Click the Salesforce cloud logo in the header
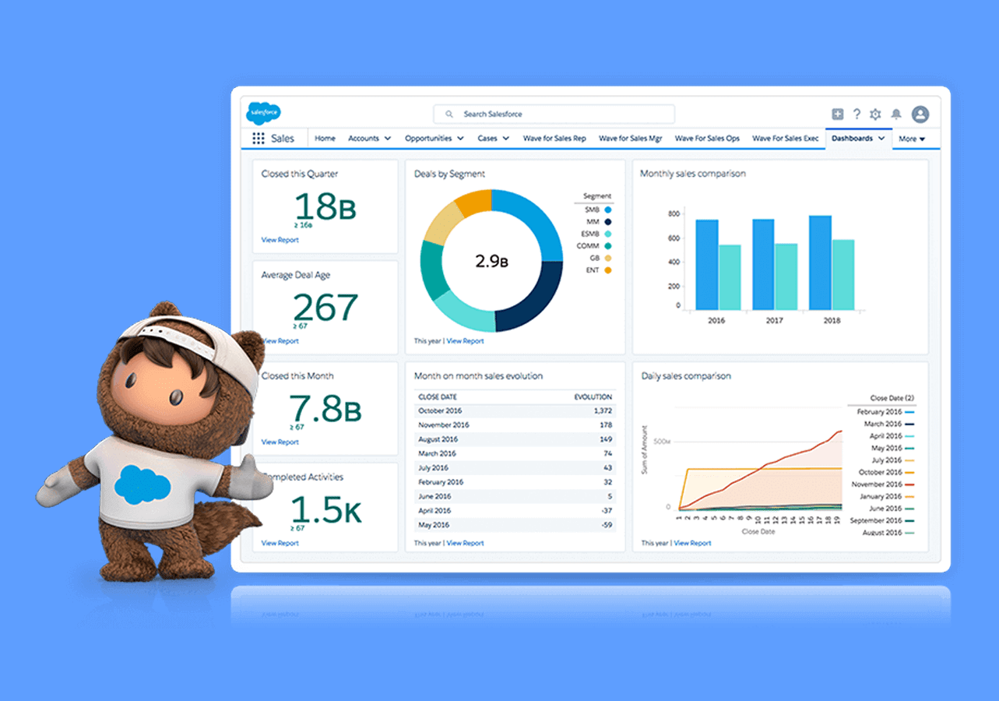click(263, 114)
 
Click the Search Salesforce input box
click(554, 114)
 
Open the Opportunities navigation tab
click(434, 139)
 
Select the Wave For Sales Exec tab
click(785, 139)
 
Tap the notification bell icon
click(896, 114)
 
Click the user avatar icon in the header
click(920, 114)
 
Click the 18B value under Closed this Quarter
click(325, 206)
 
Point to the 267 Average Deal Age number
click(325, 308)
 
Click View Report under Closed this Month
click(280, 442)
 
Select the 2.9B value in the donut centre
click(491, 262)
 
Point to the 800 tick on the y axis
click(674, 213)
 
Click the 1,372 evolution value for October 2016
click(602, 410)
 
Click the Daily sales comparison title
click(686, 376)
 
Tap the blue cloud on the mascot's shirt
click(142, 485)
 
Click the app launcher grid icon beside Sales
click(258, 139)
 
